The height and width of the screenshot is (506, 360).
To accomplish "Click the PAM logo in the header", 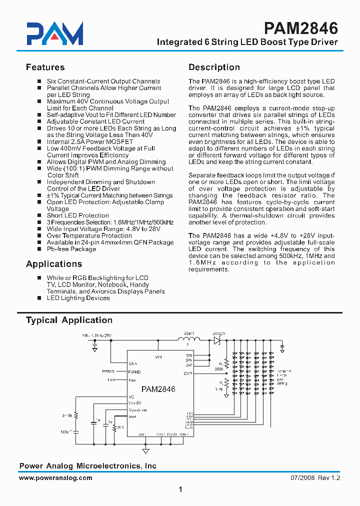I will point(54,34).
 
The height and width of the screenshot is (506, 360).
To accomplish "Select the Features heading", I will point(45,67).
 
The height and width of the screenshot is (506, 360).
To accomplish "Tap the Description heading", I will point(214,67).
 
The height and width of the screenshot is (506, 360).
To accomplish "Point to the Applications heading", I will point(54,264).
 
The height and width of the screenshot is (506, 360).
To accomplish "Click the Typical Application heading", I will point(69,320).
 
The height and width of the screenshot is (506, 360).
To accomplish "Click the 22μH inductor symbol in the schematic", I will point(189,340).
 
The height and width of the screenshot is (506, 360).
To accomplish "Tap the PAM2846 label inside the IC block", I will point(158,389).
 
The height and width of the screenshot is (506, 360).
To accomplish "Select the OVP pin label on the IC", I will point(188,372).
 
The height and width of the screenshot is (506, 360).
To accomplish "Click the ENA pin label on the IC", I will point(133,363).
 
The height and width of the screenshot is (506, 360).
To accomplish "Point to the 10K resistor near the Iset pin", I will point(115,428).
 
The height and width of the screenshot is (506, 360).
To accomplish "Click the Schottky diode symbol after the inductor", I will point(217,340).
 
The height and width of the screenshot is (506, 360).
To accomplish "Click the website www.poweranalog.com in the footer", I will point(55,478).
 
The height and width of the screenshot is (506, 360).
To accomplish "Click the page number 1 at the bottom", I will point(180,490).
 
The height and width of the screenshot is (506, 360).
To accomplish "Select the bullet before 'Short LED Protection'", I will point(39,215).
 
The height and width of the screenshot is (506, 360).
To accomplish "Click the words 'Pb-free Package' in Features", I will point(71,249).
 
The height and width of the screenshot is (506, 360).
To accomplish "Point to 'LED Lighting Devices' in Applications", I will point(78,298).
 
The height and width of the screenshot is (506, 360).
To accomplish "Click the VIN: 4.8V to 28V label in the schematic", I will point(97,335).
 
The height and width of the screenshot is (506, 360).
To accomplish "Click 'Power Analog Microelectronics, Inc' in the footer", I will point(87,466).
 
